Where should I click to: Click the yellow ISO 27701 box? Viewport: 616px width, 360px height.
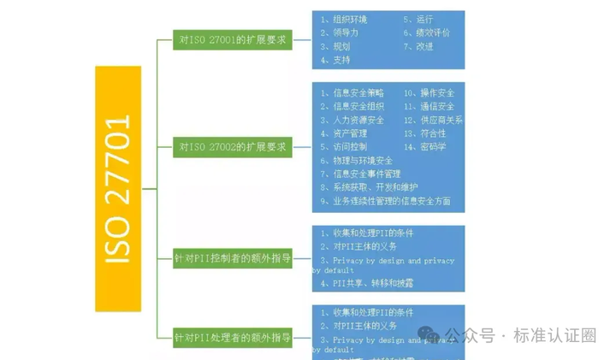pos(117,188)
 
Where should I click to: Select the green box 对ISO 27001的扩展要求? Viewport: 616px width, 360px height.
pos(232,39)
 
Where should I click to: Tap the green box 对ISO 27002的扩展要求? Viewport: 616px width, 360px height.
pos(232,147)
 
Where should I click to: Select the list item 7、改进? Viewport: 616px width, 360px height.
pos(418,46)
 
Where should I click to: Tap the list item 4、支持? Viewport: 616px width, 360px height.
pos(335,60)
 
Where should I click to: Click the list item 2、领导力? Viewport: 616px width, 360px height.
pos(340,32)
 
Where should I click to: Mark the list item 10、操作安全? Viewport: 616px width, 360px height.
pos(429,92)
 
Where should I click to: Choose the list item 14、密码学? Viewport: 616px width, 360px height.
pos(424,146)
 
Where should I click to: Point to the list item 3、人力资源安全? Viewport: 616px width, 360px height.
pos(352,120)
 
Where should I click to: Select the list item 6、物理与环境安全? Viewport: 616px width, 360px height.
pos(357,160)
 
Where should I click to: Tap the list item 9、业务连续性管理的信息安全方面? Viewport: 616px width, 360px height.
pos(385,201)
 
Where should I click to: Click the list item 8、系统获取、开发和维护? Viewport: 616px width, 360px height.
pos(370,187)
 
